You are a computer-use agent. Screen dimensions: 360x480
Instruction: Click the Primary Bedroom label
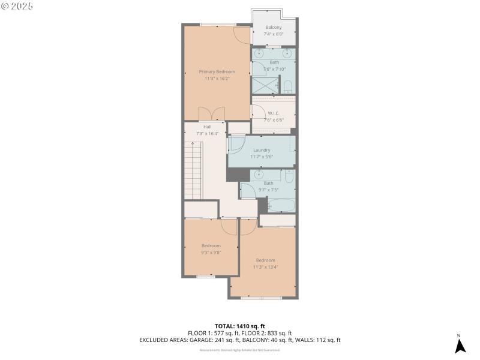pyautogui.click(x=217, y=71)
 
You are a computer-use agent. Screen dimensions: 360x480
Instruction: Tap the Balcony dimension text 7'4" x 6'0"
pyautogui.click(x=273, y=35)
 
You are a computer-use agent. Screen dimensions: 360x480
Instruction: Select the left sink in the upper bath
pyautogui.click(x=259, y=53)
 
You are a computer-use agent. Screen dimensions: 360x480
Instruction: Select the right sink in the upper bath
pyautogui.click(x=288, y=53)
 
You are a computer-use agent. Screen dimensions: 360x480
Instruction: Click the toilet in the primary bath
pyautogui.click(x=288, y=86)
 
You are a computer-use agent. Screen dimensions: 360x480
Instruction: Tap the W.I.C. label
pyautogui.click(x=273, y=113)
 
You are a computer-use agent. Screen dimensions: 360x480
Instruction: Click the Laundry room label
pyautogui.click(x=262, y=150)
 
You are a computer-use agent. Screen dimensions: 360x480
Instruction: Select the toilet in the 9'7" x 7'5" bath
pyautogui.click(x=289, y=176)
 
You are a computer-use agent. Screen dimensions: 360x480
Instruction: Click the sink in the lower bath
pyautogui.click(x=259, y=175)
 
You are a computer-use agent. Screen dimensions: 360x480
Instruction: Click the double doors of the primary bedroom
pyautogui.click(x=211, y=113)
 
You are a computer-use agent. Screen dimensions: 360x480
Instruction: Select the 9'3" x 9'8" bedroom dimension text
pyautogui.click(x=211, y=253)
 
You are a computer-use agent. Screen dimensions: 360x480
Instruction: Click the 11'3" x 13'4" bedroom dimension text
pyautogui.click(x=265, y=267)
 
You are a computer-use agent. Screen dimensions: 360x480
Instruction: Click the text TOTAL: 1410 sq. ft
pyautogui.click(x=239, y=326)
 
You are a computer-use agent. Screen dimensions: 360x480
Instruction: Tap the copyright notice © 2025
pyautogui.click(x=17, y=6)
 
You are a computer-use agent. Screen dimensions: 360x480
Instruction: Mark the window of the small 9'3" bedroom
pyautogui.click(x=206, y=276)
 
